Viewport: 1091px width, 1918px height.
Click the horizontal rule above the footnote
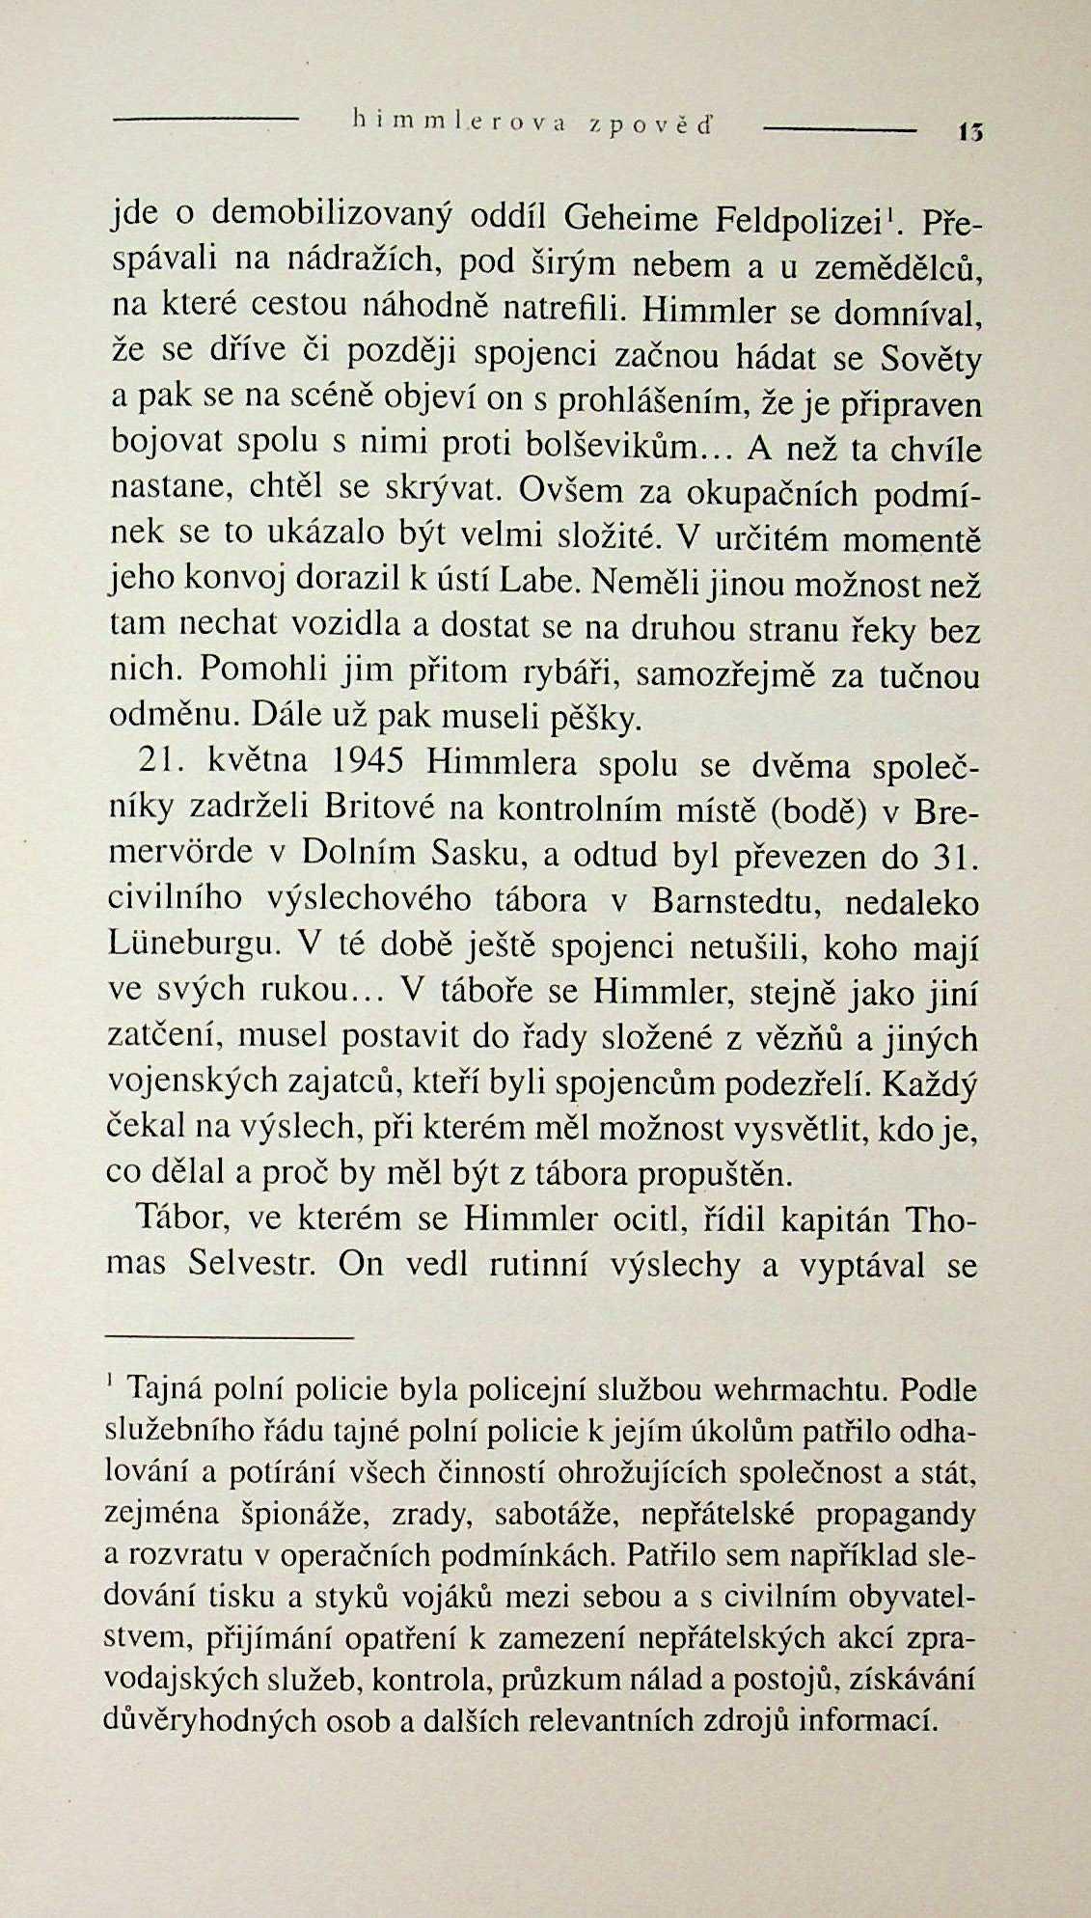(230, 1338)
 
